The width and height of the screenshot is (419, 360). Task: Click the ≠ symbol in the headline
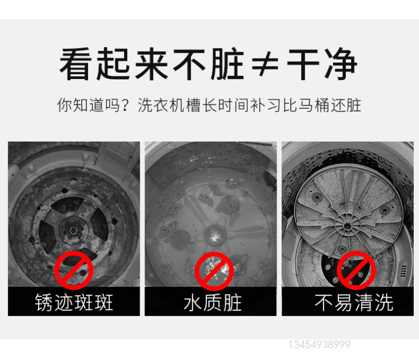(x=265, y=64)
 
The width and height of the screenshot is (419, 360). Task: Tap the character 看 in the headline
(x=75, y=64)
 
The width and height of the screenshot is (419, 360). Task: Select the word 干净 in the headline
(x=322, y=64)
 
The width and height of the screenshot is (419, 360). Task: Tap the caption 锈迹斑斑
(x=74, y=302)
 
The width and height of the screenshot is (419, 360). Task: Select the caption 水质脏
(x=213, y=302)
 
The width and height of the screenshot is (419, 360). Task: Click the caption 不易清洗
(x=354, y=302)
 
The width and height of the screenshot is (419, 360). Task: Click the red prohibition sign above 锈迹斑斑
(x=74, y=270)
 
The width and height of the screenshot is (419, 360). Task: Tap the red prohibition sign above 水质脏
(x=214, y=272)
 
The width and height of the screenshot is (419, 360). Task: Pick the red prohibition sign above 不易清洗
(x=357, y=271)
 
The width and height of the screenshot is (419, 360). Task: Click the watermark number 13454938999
(x=319, y=344)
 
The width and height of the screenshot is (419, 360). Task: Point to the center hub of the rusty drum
(x=73, y=230)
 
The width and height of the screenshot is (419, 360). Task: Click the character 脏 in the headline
(x=227, y=64)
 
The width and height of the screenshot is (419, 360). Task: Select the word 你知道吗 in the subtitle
(x=88, y=105)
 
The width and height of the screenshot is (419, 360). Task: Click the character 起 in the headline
(x=113, y=64)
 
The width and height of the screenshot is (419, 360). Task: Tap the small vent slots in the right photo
(x=403, y=271)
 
